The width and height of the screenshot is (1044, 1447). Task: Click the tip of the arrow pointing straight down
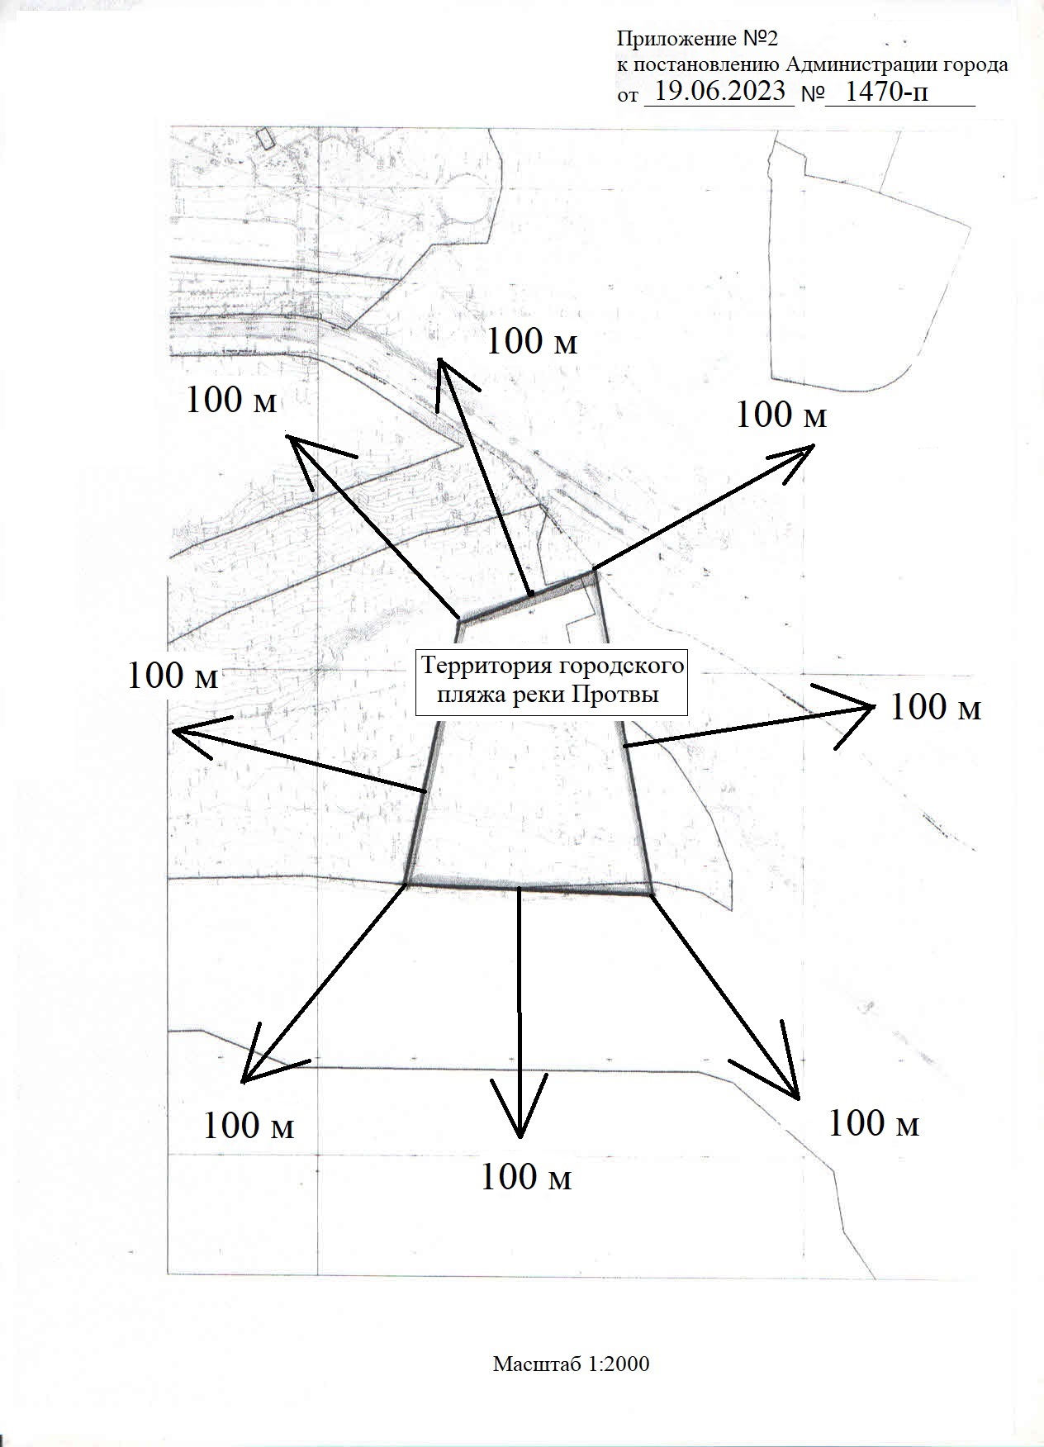[520, 1137]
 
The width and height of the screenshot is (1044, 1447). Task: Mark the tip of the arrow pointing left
[172, 730]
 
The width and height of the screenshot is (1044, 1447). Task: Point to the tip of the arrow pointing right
[875, 706]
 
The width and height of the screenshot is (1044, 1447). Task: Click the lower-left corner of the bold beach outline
[406, 884]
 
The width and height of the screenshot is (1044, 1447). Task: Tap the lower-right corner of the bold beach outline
[652, 893]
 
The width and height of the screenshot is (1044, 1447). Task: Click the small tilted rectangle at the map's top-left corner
[264, 136]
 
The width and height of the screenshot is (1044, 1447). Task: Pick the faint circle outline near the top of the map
[465, 199]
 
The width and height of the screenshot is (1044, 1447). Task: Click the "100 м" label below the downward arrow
[526, 1177]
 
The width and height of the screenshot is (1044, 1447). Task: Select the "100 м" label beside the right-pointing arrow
[935, 707]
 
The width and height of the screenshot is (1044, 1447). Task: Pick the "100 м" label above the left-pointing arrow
[173, 676]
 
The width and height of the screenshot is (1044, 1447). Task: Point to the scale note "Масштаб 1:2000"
[572, 1364]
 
